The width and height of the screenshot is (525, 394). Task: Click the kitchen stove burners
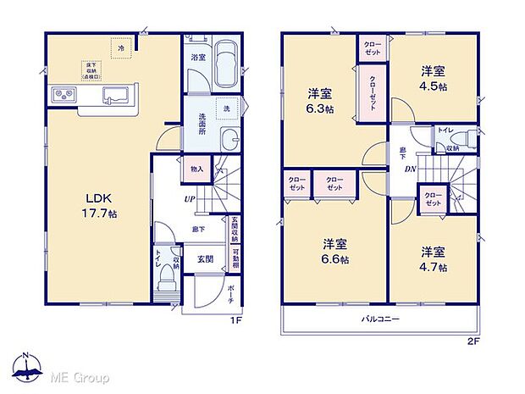click(64, 94)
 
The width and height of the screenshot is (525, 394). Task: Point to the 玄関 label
click(206, 259)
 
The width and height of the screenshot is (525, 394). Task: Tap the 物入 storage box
click(197, 169)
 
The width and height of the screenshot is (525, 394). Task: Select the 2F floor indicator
click(472, 344)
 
